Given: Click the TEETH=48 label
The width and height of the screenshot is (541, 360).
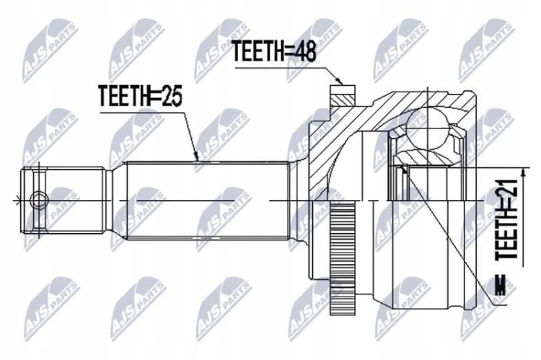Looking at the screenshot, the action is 273,52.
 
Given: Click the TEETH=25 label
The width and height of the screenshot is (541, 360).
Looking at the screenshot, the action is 140,96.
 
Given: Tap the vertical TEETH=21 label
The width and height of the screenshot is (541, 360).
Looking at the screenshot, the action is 506,219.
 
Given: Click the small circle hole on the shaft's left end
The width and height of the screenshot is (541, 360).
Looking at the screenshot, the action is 38,200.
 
